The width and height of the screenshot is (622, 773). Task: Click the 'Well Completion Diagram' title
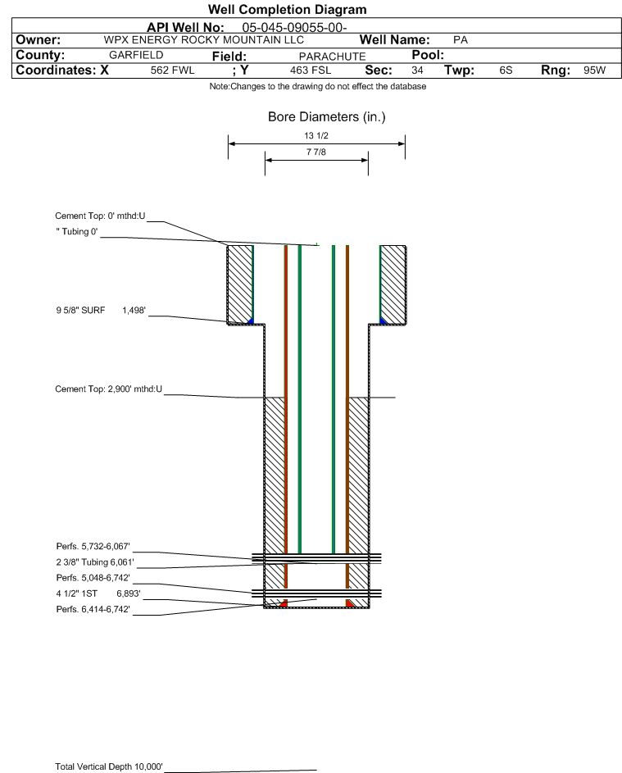coord(288,9)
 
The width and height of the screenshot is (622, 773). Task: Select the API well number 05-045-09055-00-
coord(294,28)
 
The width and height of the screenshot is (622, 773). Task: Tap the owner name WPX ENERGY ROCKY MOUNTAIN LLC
coord(203,40)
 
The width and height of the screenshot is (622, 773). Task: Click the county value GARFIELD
coord(136,55)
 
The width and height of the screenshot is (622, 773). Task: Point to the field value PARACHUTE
coord(332,57)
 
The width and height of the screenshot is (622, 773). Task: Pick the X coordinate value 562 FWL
coord(172,70)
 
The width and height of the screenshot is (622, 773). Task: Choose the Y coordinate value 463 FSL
coord(311,70)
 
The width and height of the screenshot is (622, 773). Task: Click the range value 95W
coord(594,70)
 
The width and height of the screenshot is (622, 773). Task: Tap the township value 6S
coord(506,70)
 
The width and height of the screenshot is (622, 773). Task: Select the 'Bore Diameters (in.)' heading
coord(327,117)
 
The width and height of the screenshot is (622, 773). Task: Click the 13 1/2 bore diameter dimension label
coord(316,135)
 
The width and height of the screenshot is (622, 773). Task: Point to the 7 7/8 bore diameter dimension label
coord(316,152)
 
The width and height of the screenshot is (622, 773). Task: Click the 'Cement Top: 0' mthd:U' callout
coord(100,216)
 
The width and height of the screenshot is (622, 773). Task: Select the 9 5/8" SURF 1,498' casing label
coord(101,310)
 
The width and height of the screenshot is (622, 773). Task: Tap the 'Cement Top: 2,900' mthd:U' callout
coord(108,389)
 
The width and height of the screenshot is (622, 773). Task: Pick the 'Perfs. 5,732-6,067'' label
coord(93,546)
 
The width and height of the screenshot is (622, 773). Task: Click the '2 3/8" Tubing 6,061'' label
coord(94,562)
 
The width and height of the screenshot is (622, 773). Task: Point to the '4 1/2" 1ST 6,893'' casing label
coord(98,593)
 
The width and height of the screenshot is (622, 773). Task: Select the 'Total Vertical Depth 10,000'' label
coord(108,766)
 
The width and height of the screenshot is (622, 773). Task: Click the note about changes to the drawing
coord(317,86)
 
